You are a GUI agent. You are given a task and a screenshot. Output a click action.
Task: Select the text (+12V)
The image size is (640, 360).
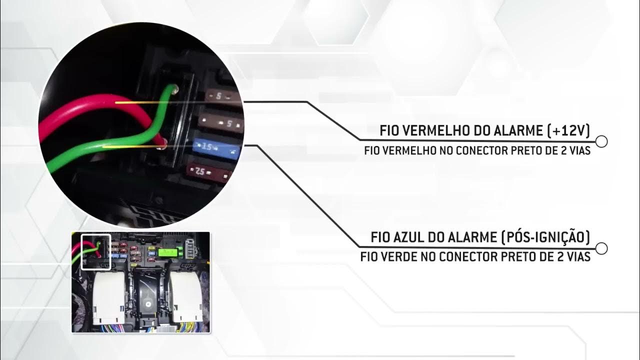point(569,131)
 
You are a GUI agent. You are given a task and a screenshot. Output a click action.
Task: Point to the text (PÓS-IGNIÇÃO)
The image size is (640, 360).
point(545,237)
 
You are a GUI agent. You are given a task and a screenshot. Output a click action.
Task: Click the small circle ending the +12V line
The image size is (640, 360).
point(602,141)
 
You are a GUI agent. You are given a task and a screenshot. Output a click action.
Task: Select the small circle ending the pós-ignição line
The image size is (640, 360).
point(602,248)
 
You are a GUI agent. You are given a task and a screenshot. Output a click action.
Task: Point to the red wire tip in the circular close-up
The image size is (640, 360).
point(160,145)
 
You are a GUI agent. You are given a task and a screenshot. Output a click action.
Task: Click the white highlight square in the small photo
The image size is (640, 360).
point(95,251)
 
